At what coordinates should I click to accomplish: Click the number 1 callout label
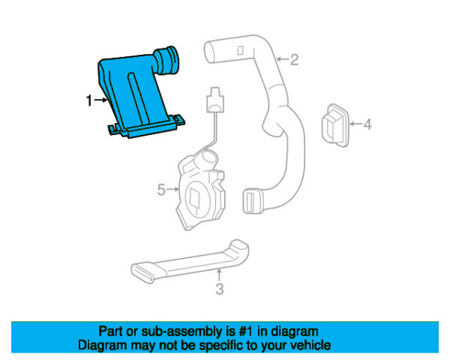[x=89, y=100]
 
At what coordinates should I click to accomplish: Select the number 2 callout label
[x=295, y=59]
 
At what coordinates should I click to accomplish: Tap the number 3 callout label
[x=219, y=289]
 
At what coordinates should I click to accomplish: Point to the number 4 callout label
[x=367, y=124]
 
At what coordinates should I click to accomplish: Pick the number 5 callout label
[x=160, y=190]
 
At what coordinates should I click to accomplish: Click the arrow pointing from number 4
[x=354, y=124]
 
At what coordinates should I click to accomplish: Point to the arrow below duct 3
[x=219, y=276]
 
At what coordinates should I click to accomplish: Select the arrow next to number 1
[x=100, y=100]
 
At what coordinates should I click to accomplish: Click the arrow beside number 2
[x=281, y=58]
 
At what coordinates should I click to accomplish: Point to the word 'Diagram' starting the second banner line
[x=103, y=346]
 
